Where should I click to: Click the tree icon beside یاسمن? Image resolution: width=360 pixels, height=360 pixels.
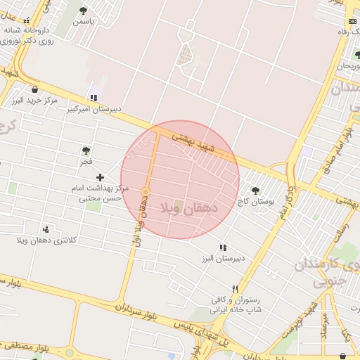point(84,11)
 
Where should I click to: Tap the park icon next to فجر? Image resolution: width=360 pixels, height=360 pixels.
point(86,150)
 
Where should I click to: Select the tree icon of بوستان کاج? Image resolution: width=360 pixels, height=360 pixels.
point(255,191)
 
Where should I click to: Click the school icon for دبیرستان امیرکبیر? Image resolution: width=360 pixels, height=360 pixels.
point(94,98)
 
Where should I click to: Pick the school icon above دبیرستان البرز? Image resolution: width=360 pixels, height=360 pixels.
point(223,247)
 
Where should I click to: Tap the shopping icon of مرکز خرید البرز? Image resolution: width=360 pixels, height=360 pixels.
point(34,89)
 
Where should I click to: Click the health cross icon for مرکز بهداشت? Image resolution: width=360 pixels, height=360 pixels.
point(100,178)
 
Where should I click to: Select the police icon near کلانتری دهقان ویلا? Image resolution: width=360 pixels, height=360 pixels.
point(46,229)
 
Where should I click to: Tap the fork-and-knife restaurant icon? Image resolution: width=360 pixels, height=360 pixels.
point(236,289)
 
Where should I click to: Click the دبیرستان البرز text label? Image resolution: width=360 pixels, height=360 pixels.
point(221,258)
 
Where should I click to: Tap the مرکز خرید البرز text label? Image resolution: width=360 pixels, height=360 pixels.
point(34,101)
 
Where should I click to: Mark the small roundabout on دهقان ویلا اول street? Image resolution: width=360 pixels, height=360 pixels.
point(146,191)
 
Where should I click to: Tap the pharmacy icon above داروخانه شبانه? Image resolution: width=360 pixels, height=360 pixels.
point(27,21)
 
